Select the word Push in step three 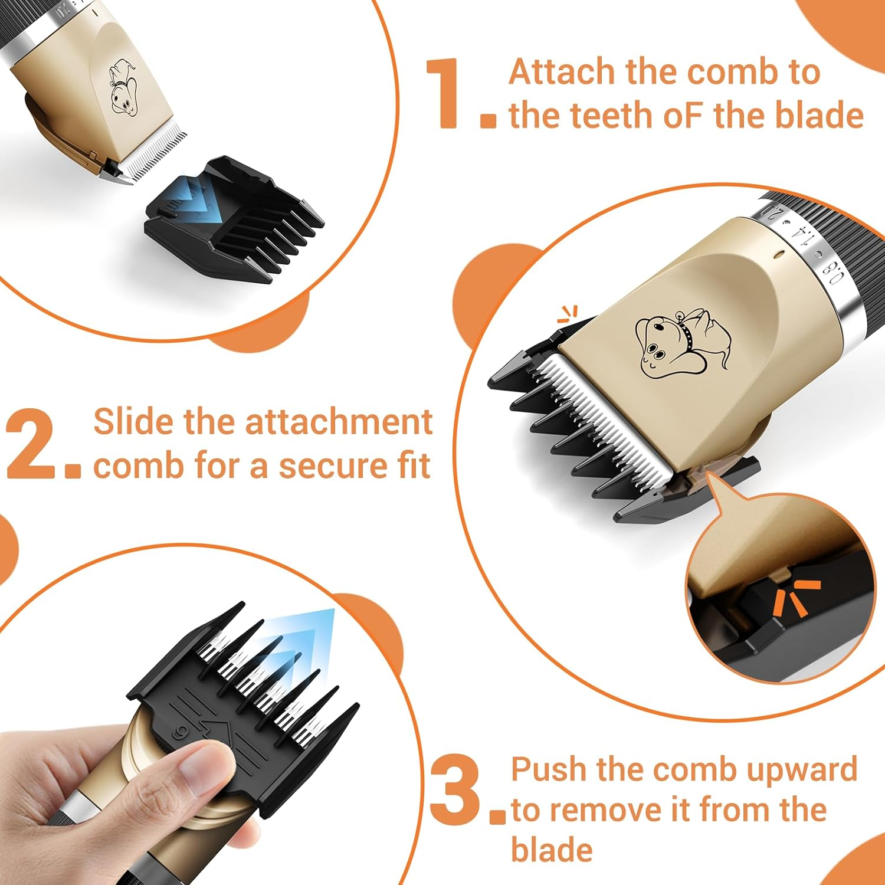click(549, 769)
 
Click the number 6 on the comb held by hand click(177, 733)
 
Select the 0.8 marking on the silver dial click(834, 273)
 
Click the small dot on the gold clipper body click(781, 255)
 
